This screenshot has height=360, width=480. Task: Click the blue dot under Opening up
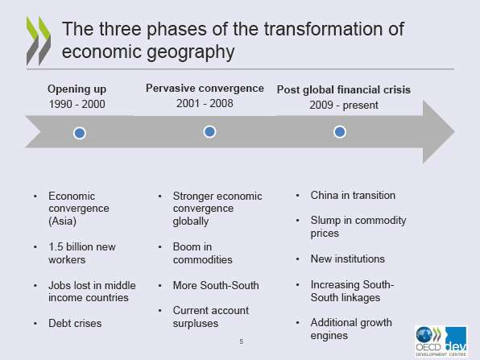[x=80, y=133]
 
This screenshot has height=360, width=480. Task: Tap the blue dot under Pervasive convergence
[x=209, y=132]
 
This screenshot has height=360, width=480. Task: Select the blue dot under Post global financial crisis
[x=340, y=132]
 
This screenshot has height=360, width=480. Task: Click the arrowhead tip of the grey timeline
[x=454, y=131]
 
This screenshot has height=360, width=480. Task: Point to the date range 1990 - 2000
[x=77, y=104]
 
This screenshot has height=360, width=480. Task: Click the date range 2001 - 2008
[x=205, y=103]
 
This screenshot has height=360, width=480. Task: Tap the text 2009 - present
[x=344, y=105]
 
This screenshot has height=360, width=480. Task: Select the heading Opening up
[x=77, y=89]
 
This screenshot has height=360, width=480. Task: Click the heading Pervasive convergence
[x=205, y=88]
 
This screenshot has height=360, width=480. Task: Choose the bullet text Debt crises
[x=75, y=323]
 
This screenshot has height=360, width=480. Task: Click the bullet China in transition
[x=353, y=196]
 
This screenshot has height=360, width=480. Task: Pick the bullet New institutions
[x=348, y=259]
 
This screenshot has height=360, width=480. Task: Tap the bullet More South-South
[x=216, y=285]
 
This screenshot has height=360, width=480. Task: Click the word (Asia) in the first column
[x=62, y=221]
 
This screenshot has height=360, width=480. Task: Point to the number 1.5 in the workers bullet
[x=56, y=246]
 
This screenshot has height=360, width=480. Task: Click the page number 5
[x=242, y=341]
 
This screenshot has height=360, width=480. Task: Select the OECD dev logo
[x=441, y=341]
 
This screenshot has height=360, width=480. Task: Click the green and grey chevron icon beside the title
[x=39, y=41]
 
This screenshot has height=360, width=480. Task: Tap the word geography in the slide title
[x=191, y=52]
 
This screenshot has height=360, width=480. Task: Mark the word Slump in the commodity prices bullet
[x=325, y=221]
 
